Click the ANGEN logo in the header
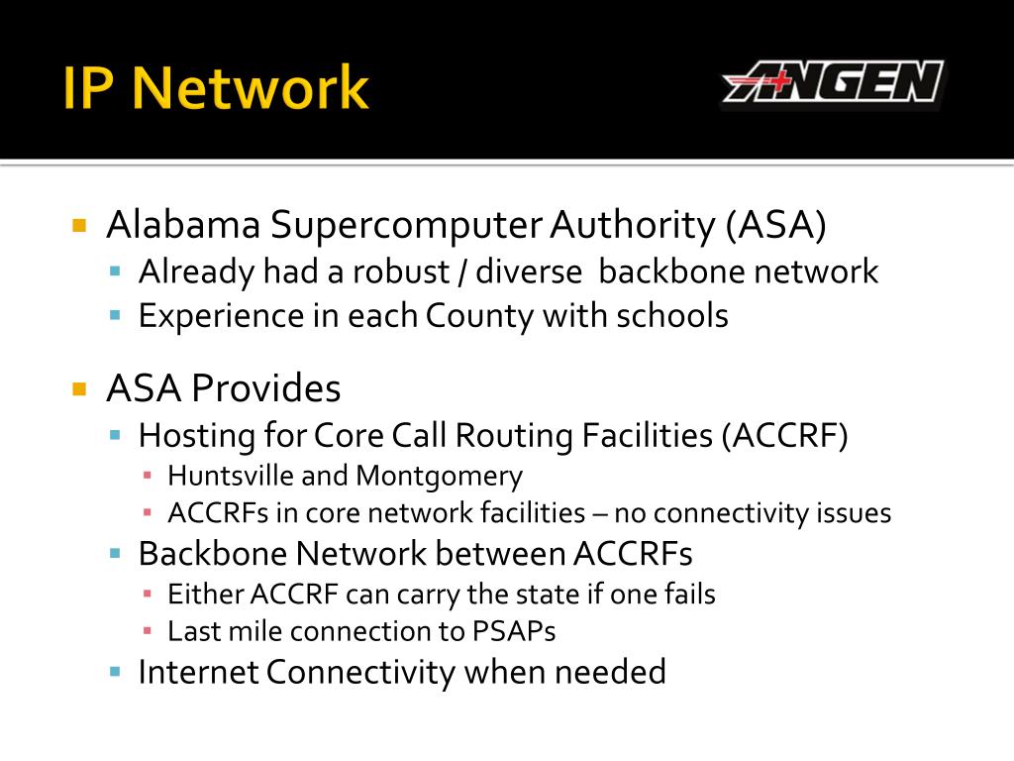click(x=833, y=82)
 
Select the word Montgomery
click(x=439, y=477)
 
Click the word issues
click(x=854, y=513)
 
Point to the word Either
click(x=206, y=595)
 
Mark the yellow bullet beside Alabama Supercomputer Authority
click(x=80, y=226)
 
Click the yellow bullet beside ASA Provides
click(x=80, y=388)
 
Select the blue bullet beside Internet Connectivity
click(x=116, y=672)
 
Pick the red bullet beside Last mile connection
click(x=148, y=631)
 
